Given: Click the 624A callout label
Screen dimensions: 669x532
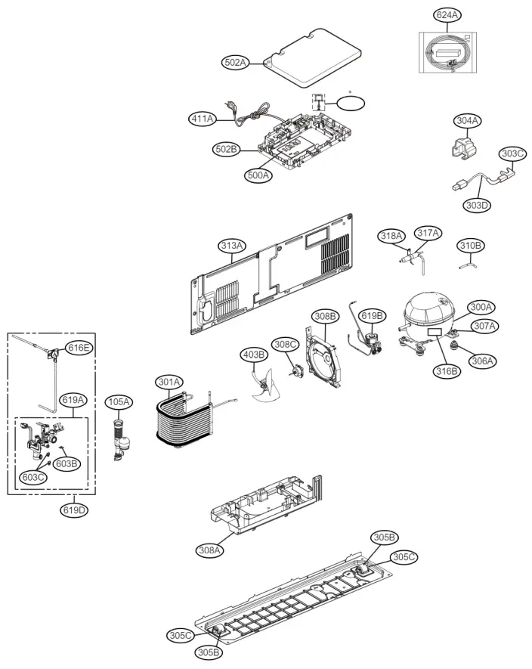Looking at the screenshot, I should tap(447, 15).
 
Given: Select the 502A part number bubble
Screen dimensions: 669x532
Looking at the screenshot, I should tap(237, 63).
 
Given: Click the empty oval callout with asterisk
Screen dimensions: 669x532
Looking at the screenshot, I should tap(351, 102).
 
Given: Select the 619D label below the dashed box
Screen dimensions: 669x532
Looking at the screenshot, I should tap(73, 510).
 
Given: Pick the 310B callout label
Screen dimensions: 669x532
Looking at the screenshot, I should tap(472, 246).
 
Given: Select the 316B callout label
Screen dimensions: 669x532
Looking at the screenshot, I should tap(447, 370).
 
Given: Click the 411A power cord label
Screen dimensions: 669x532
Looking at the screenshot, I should tap(202, 119).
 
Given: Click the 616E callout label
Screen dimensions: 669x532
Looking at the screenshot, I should tap(79, 348).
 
